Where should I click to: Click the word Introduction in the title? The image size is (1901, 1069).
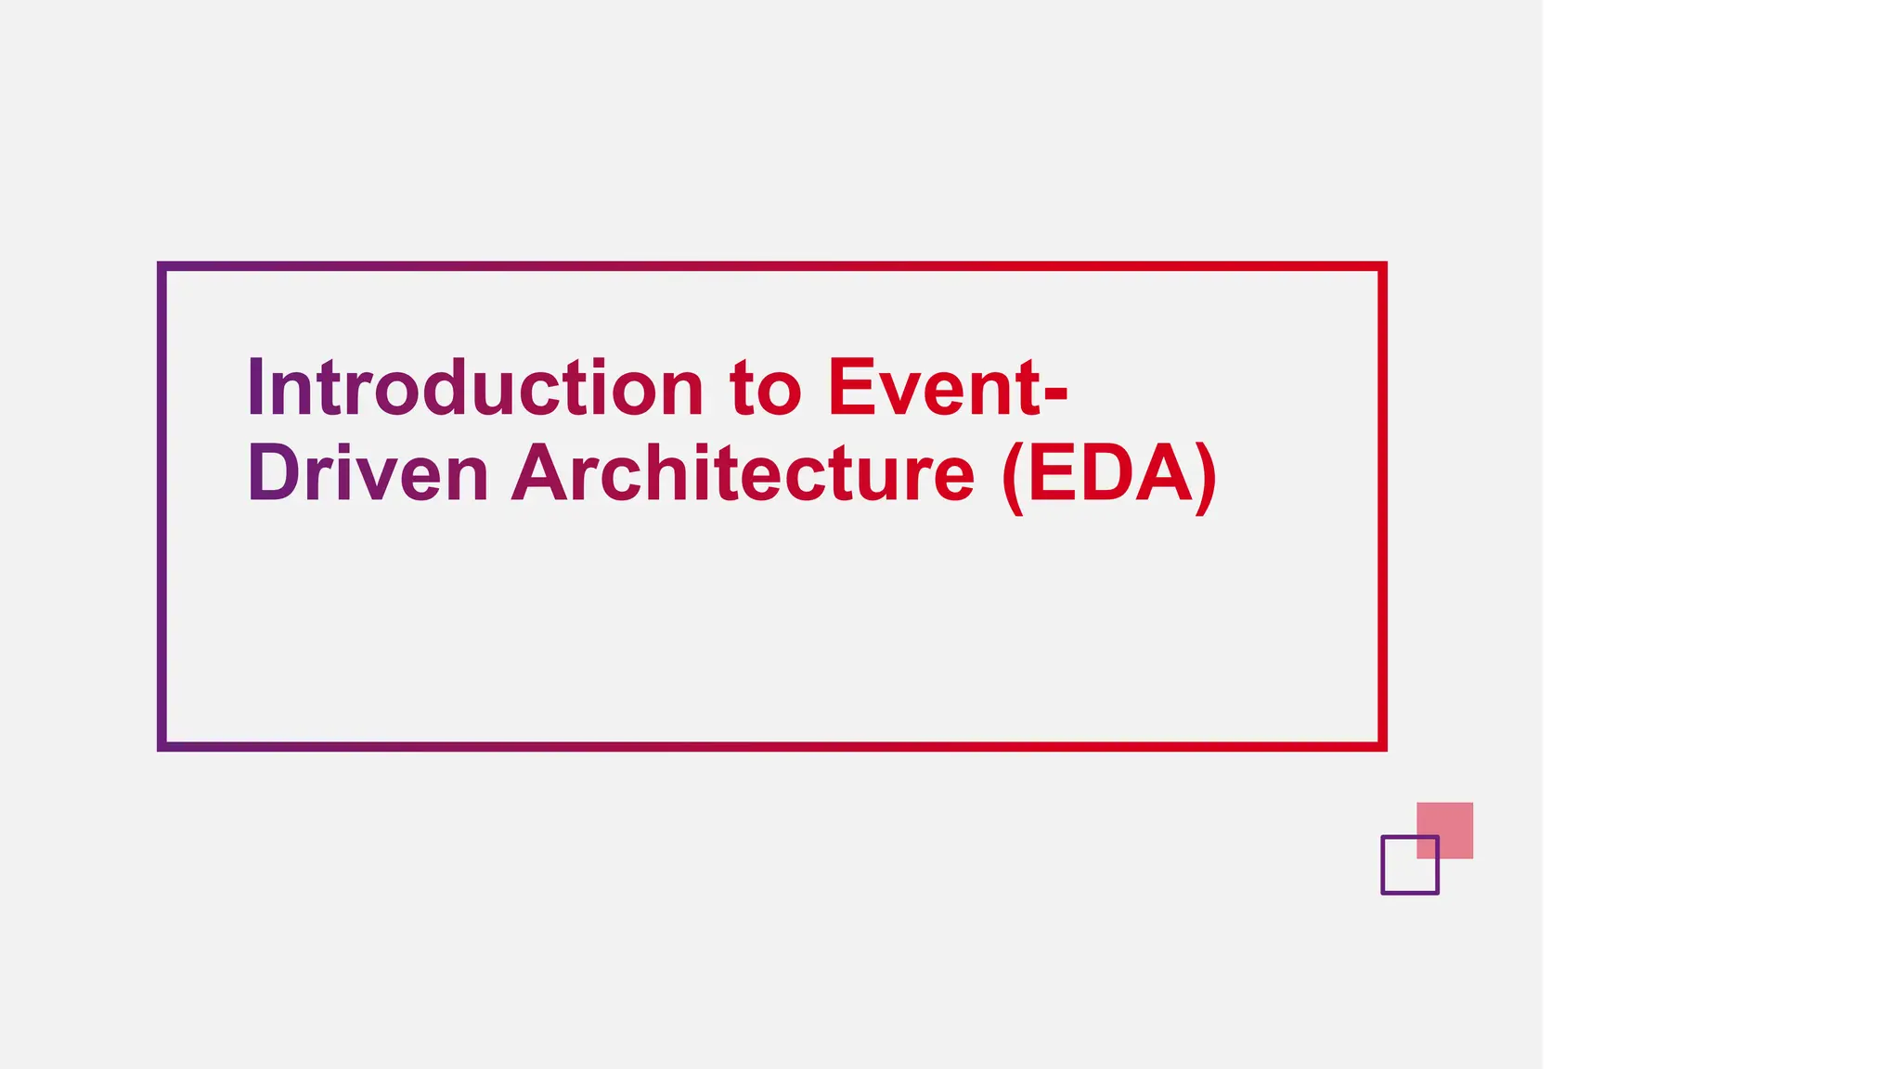coord(474,387)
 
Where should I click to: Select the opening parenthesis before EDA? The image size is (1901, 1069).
coord(1013,477)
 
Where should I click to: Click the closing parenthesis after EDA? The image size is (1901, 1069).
coord(1206,477)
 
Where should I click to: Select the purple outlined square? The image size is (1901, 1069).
coord(1409,865)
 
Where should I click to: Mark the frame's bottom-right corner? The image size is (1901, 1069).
coord(1382,746)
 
